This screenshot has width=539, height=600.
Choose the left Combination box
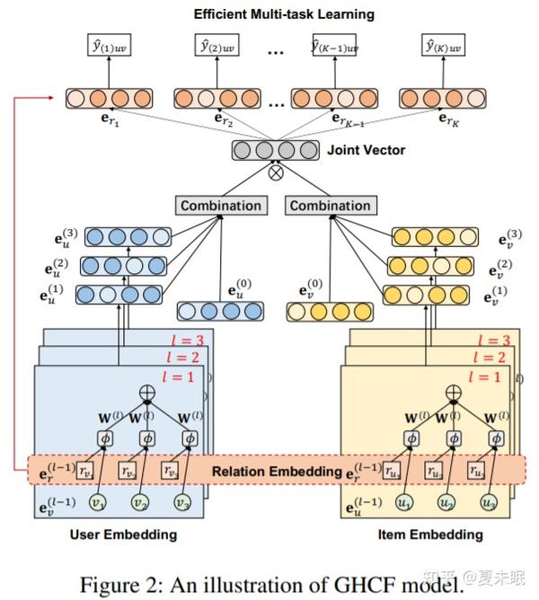click(x=221, y=206)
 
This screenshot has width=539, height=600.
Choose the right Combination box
click(x=331, y=206)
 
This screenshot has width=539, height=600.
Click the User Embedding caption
click(x=123, y=534)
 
